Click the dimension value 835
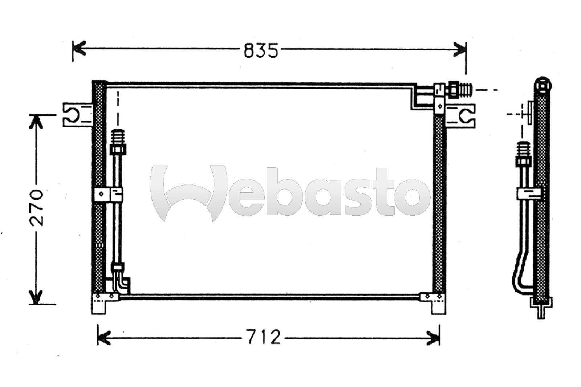click(x=261, y=50)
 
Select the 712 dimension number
click(x=263, y=337)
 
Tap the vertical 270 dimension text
click(x=37, y=208)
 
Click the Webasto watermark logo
click(x=290, y=193)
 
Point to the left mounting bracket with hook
click(x=78, y=115)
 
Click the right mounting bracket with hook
click(x=460, y=116)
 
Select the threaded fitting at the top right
click(x=460, y=90)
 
